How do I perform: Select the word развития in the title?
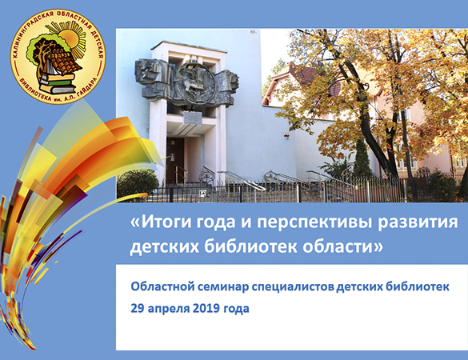click(x=418, y=223)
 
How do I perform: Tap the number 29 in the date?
click(x=138, y=308)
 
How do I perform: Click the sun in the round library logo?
click(x=70, y=39)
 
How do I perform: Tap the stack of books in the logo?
click(x=58, y=82)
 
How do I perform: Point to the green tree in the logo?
click(x=40, y=50)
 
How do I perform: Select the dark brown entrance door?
click(x=175, y=160)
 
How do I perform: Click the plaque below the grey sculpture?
click(x=193, y=118)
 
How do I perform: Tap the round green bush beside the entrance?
click(x=137, y=182)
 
